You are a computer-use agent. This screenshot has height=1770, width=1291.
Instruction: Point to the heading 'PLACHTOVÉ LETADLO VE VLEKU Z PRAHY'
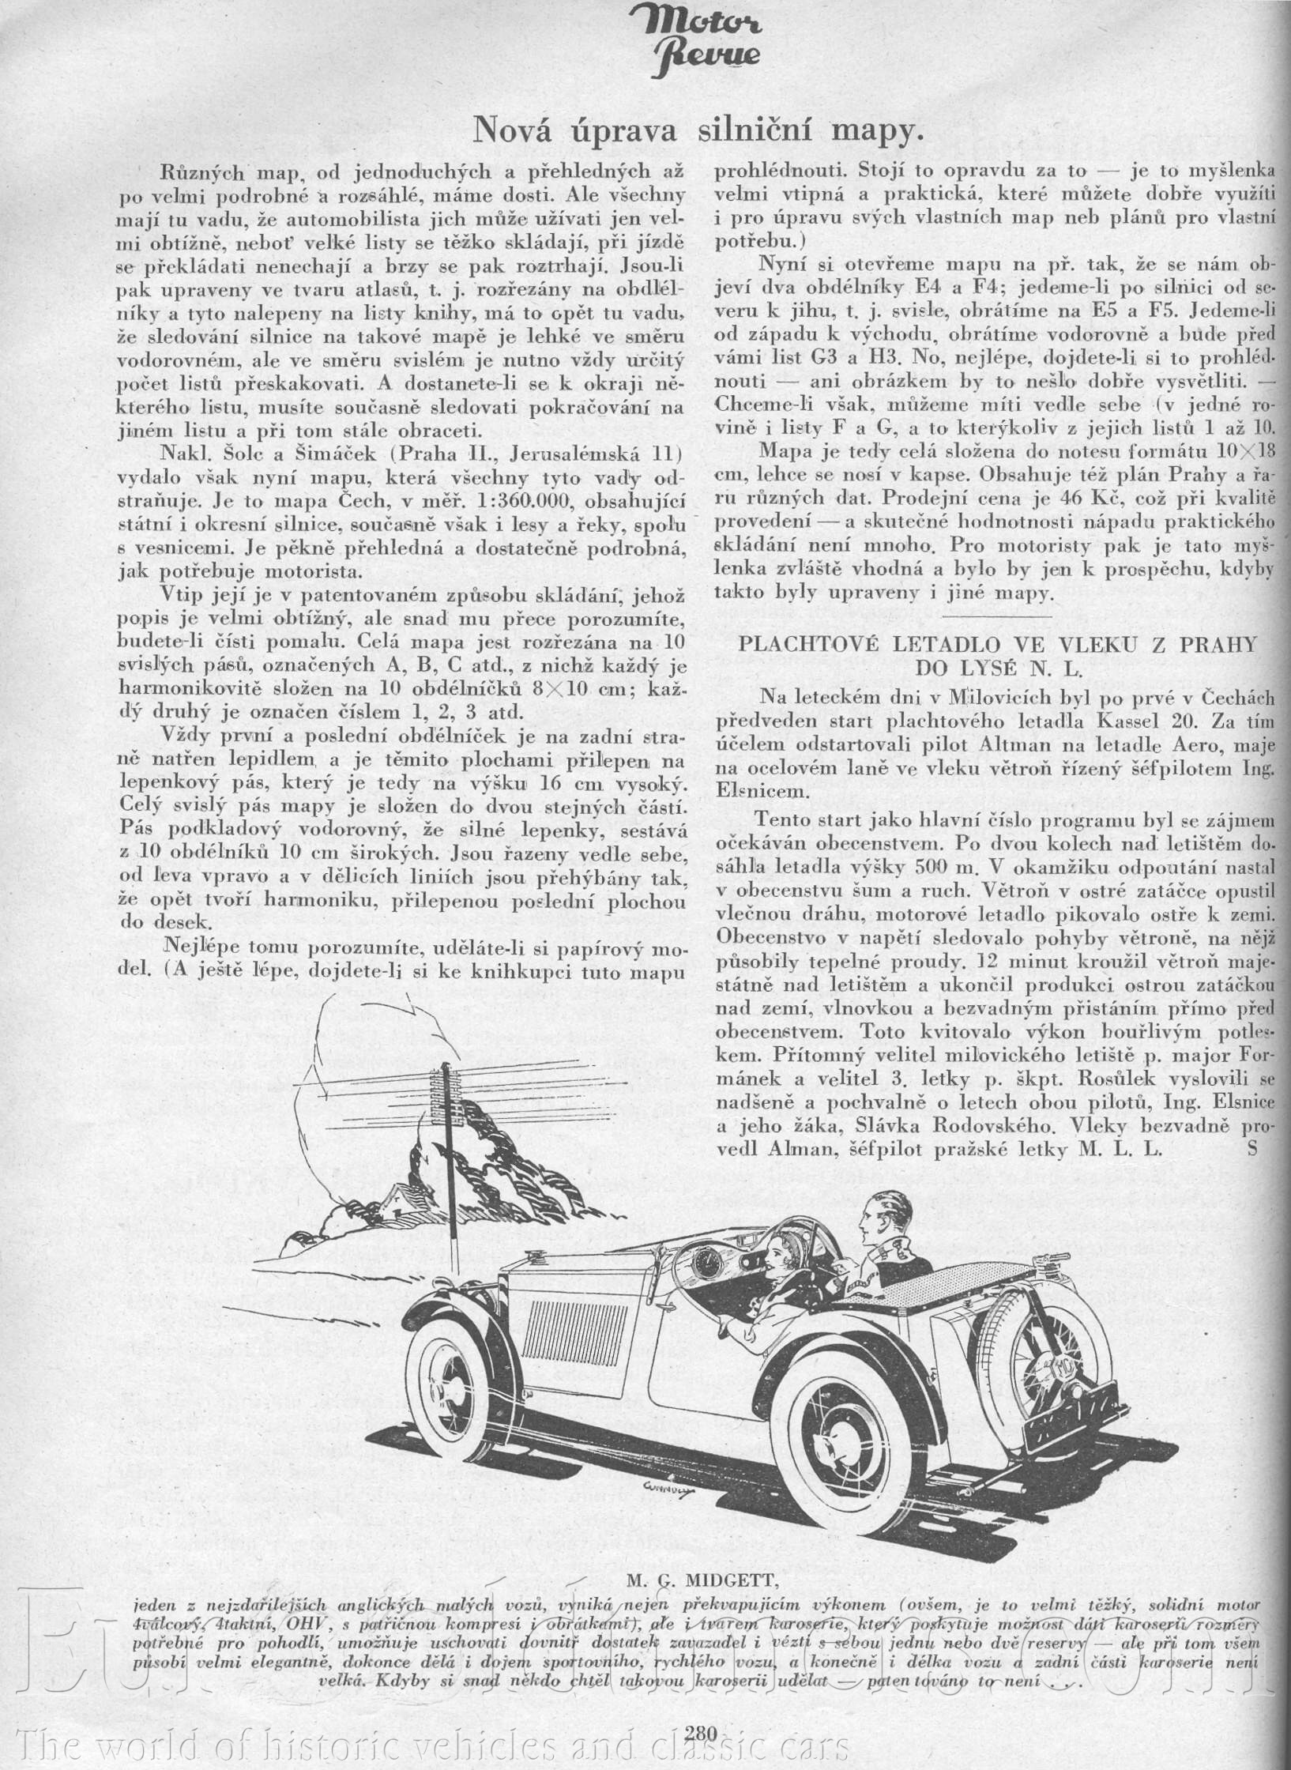996,644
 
